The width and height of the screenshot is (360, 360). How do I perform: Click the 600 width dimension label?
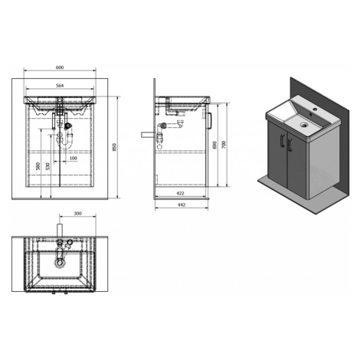pyautogui.click(x=60, y=67)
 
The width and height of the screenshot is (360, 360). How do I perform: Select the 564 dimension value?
pyautogui.click(x=60, y=86)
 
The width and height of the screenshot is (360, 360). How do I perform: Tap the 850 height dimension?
pyautogui.click(x=114, y=147)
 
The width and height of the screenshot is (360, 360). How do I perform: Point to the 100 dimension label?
pyautogui.click(x=74, y=158)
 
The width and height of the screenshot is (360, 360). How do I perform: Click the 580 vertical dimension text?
pyautogui.click(x=38, y=166)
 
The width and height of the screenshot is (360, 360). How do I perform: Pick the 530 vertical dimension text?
pyautogui.click(x=48, y=166)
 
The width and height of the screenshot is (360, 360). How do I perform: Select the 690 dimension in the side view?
pyautogui.click(x=214, y=145)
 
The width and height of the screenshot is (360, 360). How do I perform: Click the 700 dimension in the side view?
pyautogui.click(x=224, y=145)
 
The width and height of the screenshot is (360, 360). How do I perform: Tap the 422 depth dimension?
pyautogui.click(x=180, y=193)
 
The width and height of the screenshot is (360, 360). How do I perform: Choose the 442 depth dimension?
pyautogui.click(x=182, y=205)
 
